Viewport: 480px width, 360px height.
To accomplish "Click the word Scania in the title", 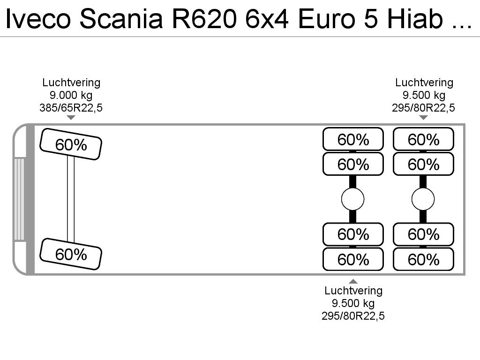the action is click(x=121, y=19).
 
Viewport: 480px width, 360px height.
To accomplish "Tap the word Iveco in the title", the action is click(x=38, y=19).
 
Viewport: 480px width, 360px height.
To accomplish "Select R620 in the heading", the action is click(x=204, y=19).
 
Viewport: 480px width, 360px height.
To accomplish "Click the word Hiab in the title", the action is click(x=415, y=19).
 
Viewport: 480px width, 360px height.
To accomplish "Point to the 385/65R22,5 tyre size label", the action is click(x=71, y=108).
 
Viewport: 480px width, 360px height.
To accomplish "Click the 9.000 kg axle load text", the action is click(x=71, y=95).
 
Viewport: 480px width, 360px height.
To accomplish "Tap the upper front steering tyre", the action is click(x=71, y=144).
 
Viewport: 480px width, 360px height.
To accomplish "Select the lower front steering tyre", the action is click(x=71, y=254).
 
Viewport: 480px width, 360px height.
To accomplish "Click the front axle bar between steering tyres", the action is click(x=71, y=199).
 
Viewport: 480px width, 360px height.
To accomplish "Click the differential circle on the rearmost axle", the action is click(x=423, y=199).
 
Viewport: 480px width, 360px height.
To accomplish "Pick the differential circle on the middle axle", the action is click(x=352, y=199).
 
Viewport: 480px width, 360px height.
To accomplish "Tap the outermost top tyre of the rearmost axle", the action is click(x=423, y=139).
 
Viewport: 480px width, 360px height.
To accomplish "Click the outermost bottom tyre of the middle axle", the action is click(x=353, y=259).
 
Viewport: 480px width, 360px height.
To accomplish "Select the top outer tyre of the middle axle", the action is click(x=353, y=139).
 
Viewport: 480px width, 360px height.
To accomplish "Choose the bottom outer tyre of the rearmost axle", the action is click(x=423, y=259).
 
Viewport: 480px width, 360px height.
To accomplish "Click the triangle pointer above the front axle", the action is click(x=71, y=118).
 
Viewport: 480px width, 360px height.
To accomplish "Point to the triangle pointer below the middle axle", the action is click(x=353, y=281).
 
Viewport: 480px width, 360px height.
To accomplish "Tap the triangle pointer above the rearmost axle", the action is click(x=423, y=118).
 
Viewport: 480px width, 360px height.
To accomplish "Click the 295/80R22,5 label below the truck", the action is click(x=353, y=316).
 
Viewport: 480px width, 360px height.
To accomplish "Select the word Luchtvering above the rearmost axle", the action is click(x=424, y=82).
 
